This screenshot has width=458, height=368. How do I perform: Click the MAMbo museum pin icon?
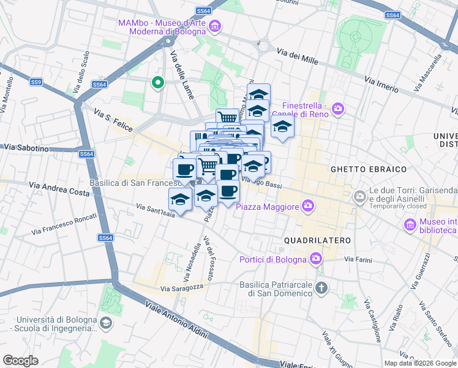[x=215, y=27]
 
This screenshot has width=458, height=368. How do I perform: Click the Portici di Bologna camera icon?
[x=315, y=258]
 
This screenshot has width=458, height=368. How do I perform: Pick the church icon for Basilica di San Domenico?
[x=322, y=288]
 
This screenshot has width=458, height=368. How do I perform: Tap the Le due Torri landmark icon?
[x=360, y=197]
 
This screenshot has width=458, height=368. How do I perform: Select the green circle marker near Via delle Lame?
[x=157, y=82]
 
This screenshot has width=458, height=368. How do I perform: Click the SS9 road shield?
[x=36, y=82]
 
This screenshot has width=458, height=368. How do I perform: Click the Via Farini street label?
[x=358, y=260]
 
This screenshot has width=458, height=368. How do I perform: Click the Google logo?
[x=20, y=360]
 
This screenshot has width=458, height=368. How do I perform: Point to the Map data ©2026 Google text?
[x=420, y=363]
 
